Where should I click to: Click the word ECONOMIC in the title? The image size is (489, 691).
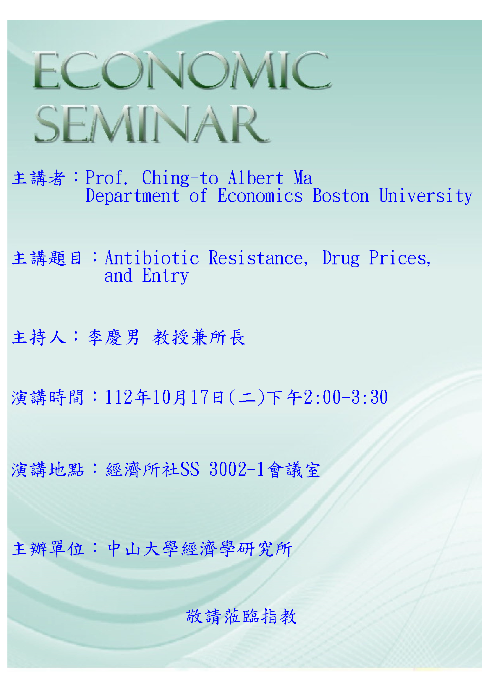(182, 70)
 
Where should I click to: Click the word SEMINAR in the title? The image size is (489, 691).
(152, 124)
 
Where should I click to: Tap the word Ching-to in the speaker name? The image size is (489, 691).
(180, 178)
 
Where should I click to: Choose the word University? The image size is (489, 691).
(426, 196)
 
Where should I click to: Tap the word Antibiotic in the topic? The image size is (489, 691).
(152, 258)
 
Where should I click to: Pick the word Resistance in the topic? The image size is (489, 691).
(258, 258)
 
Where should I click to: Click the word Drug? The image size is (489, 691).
(341, 258)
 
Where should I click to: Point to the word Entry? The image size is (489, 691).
(165, 276)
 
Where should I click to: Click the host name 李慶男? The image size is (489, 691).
(114, 337)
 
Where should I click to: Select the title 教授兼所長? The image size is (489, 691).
(199, 337)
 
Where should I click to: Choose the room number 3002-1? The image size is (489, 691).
(237, 469)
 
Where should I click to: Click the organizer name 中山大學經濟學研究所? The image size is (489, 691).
(200, 549)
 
